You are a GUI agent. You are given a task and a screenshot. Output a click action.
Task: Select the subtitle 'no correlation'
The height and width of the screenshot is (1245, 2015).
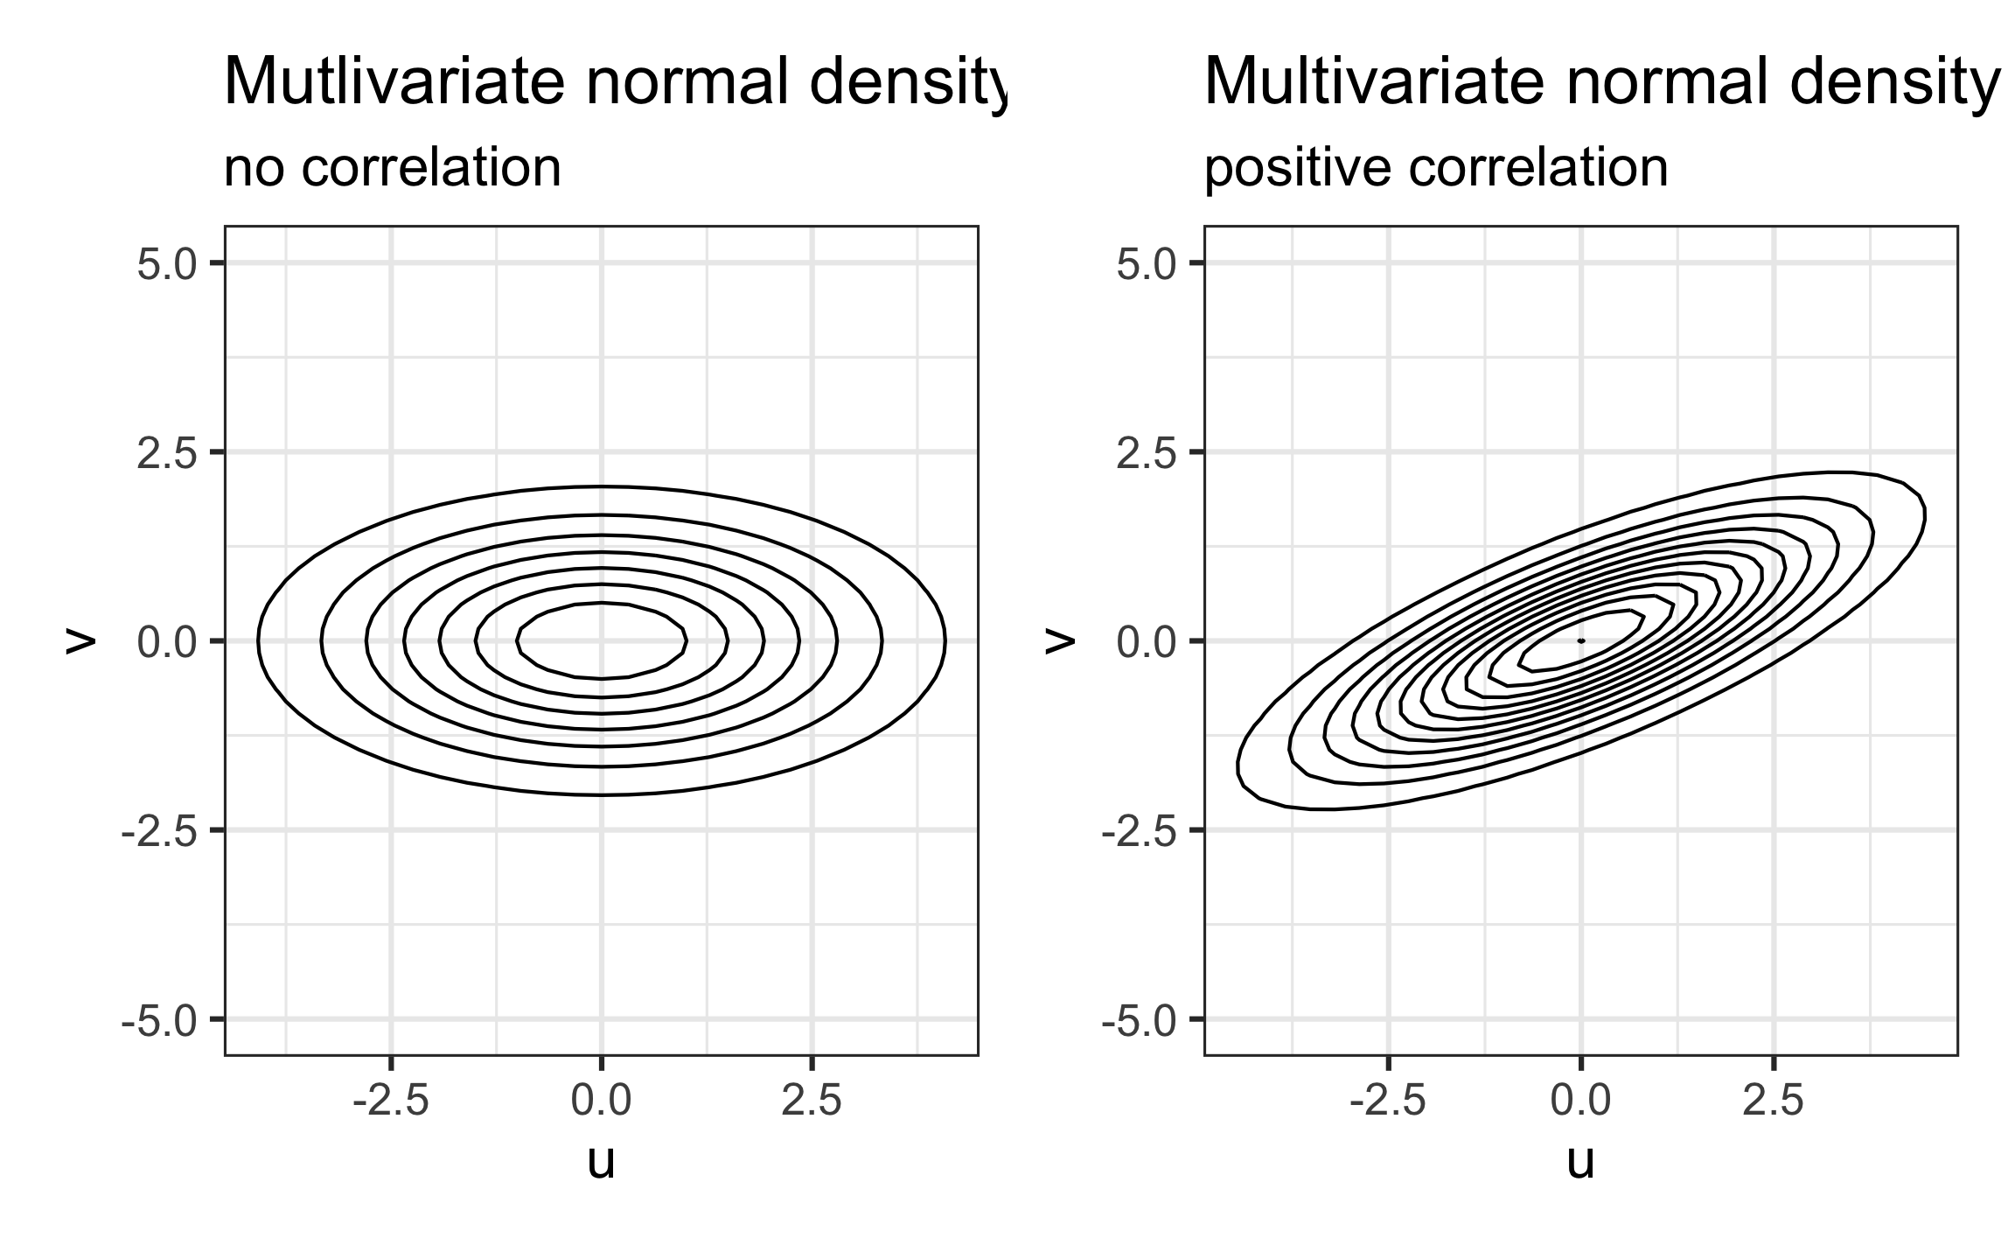point(393,168)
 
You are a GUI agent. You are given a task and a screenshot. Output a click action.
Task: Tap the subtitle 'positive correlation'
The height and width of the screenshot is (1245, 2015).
point(1436,168)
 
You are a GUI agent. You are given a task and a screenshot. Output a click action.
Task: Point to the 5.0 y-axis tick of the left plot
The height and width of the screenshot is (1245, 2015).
point(167,263)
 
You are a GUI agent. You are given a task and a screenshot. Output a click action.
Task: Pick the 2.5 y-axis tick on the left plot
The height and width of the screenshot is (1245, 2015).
point(167,452)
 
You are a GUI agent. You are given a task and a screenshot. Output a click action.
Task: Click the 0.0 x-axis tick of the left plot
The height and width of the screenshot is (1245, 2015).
point(601,1101)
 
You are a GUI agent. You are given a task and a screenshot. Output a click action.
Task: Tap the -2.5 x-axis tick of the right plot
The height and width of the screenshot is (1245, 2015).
point(1388,1101)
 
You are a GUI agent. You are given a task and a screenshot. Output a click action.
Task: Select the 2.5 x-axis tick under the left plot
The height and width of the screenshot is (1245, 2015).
point(812,1101)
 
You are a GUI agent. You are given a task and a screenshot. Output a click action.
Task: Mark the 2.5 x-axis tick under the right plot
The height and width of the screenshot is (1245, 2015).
point(1773,1101)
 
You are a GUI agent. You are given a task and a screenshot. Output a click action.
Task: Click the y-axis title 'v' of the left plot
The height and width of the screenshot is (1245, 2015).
point(80,641)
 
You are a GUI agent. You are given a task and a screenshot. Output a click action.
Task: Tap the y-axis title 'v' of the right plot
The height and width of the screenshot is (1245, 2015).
point(1059,641)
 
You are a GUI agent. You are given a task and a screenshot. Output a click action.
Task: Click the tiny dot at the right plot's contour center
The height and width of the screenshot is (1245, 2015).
point(1580,641)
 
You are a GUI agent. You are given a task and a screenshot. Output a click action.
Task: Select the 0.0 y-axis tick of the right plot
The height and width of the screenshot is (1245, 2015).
point(1147,642)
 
